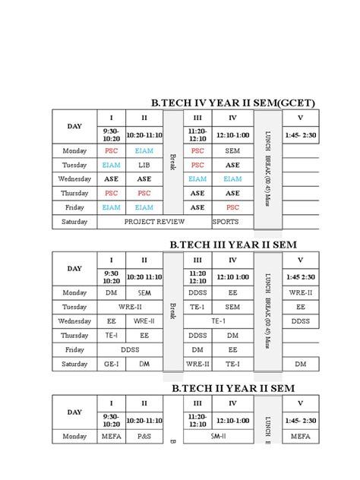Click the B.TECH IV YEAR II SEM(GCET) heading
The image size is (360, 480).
[x=233, y=103]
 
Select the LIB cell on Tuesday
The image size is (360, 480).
[x=144, y=165]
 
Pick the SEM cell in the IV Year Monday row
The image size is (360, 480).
[x=232, y=150]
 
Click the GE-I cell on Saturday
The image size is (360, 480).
[x=111, y=364]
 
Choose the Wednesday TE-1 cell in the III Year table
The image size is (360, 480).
[x=217, y=321]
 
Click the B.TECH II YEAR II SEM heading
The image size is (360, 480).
[x=232, y=388]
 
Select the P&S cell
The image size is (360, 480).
[x=144, y=436]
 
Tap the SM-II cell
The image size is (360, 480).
[x=217, y=436]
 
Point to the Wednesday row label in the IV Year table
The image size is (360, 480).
[x=74, y=179]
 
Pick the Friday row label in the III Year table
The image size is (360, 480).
[x=74, y=349]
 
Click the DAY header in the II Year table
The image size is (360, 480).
[x=74, y=412]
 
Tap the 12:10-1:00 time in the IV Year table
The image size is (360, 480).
[x=232, y=134]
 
